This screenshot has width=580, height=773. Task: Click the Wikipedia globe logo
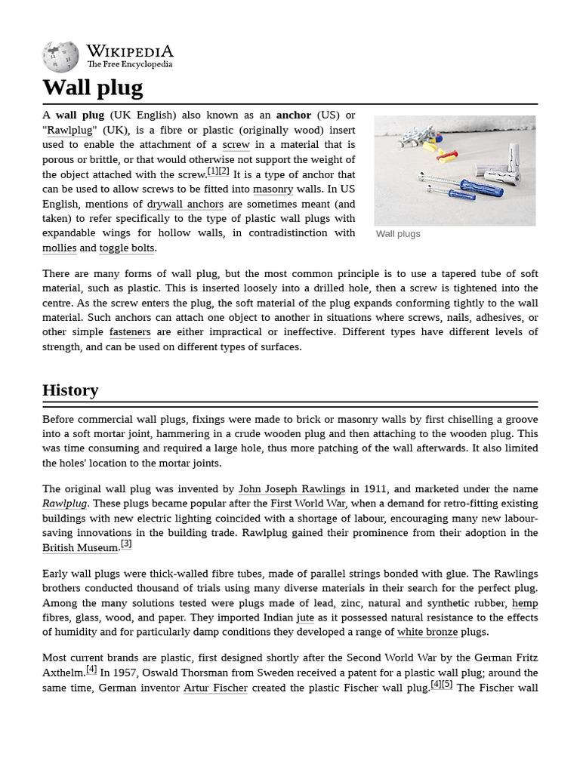tap(60, 57)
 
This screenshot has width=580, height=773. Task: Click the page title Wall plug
tap(92, 88)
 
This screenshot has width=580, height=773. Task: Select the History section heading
tap(70, 390)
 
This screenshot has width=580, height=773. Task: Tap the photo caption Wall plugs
tap(398, 234)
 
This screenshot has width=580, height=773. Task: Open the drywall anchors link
tap(185, 204)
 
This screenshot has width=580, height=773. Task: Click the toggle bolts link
tap(127, 248)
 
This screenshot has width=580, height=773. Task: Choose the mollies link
tap(59, 248)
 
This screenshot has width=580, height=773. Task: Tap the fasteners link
tap(130, 332)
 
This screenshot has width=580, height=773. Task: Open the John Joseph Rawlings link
tap(292, 489)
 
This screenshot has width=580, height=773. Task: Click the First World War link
tap(308, 504)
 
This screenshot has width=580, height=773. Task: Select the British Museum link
tap(80, 548)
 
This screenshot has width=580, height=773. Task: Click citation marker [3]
tap(126, 544)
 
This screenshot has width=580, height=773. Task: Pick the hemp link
tap(525, 603)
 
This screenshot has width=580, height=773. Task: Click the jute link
tap(305, 617)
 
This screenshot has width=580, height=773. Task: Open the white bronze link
tap(427, 632)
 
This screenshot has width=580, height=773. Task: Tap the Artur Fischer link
tap(215, 688)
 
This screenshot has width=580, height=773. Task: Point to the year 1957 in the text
tap(127, 673)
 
